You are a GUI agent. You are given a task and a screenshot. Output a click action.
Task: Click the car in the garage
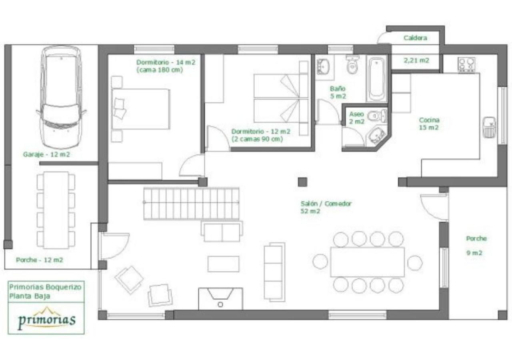coord(61,97)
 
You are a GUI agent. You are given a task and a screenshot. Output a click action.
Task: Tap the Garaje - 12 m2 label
coord(46,154)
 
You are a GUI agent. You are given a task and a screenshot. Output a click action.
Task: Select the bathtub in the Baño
coord(376,79)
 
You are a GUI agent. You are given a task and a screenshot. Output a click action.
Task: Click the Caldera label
coord(415,38)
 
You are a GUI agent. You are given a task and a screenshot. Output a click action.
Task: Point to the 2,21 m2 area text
coord(416,60)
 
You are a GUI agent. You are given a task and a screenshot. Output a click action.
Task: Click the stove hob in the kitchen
coord(466,65)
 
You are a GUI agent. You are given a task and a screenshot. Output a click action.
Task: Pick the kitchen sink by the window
coord(489,127)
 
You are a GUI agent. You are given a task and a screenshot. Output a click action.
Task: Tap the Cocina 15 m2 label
coord(429,124)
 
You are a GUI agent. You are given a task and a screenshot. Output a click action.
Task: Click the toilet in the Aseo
coord(377,116)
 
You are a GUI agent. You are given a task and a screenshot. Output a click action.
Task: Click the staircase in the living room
coord(191,203)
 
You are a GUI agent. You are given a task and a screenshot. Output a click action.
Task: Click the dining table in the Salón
coord(367,262)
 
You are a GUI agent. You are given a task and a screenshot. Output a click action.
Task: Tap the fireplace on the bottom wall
coord(220,298)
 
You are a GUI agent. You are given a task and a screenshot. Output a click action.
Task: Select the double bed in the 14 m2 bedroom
coord(140,109)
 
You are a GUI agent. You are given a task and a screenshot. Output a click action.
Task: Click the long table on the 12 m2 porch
coord(56,210)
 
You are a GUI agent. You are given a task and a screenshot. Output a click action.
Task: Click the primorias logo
coord(47,319)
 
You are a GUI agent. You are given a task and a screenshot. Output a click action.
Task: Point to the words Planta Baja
coord(30,296)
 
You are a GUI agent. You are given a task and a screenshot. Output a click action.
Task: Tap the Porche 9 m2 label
coord(476,246)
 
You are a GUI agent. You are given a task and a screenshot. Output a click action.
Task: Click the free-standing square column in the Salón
coord(302,182)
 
